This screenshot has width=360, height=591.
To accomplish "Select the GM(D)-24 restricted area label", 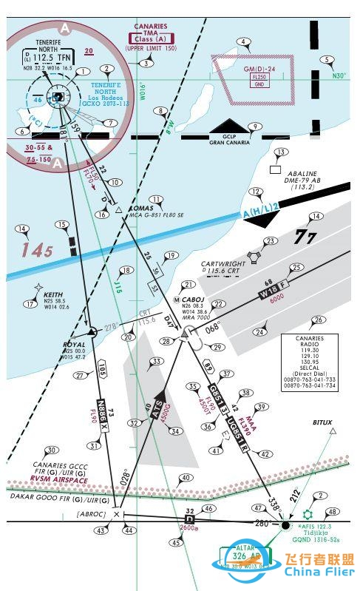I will click(260, 69).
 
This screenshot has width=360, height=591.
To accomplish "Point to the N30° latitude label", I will click(339, 75).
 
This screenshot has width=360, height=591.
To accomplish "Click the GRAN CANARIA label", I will click(229, 141).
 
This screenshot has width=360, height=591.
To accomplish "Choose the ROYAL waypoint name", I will click(74, 344).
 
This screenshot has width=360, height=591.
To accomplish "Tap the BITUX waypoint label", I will click(322, 422).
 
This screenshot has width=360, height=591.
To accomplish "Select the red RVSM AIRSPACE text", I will click(59, 480).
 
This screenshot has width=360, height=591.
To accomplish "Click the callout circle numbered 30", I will click(52, 450).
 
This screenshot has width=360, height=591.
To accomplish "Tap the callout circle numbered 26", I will click(319, 320).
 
